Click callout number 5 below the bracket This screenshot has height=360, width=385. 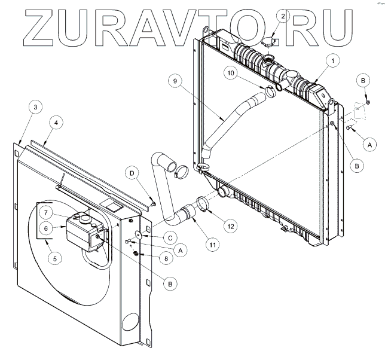[55, 259]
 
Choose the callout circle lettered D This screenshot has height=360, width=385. [130, 174]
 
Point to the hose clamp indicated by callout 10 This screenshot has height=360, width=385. [270, 92]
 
